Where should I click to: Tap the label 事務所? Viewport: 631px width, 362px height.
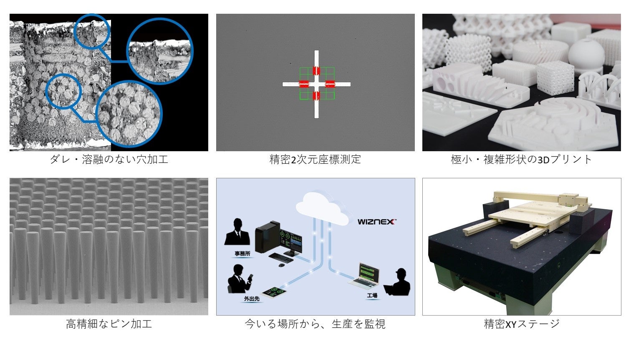(x=242, y=254)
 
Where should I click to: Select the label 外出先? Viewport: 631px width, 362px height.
(x=252, y=299)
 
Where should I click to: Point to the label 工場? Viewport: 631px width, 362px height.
(x=372, y=295)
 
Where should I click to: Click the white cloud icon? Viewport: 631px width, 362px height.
(x=323, y=208)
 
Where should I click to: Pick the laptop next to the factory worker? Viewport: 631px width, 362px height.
(x=364, y=277)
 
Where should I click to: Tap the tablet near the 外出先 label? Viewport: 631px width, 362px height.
(x=274, y=292)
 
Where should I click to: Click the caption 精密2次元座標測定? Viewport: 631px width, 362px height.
(x=315, y=160)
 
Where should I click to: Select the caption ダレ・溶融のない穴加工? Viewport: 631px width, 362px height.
(x=109, y=160)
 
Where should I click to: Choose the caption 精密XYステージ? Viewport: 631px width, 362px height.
(x=522, y=324)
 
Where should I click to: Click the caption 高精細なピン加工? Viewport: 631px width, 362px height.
(x=109, y=324)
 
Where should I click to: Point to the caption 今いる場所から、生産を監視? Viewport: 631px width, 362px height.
(x=315, y=324)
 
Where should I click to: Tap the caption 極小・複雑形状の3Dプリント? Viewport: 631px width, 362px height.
(x=521, y=160)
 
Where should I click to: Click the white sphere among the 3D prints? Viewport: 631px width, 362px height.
(x=586, y=54)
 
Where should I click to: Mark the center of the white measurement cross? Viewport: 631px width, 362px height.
(x=317, y=84)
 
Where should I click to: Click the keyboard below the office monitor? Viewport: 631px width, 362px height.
(x=280, y=257)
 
